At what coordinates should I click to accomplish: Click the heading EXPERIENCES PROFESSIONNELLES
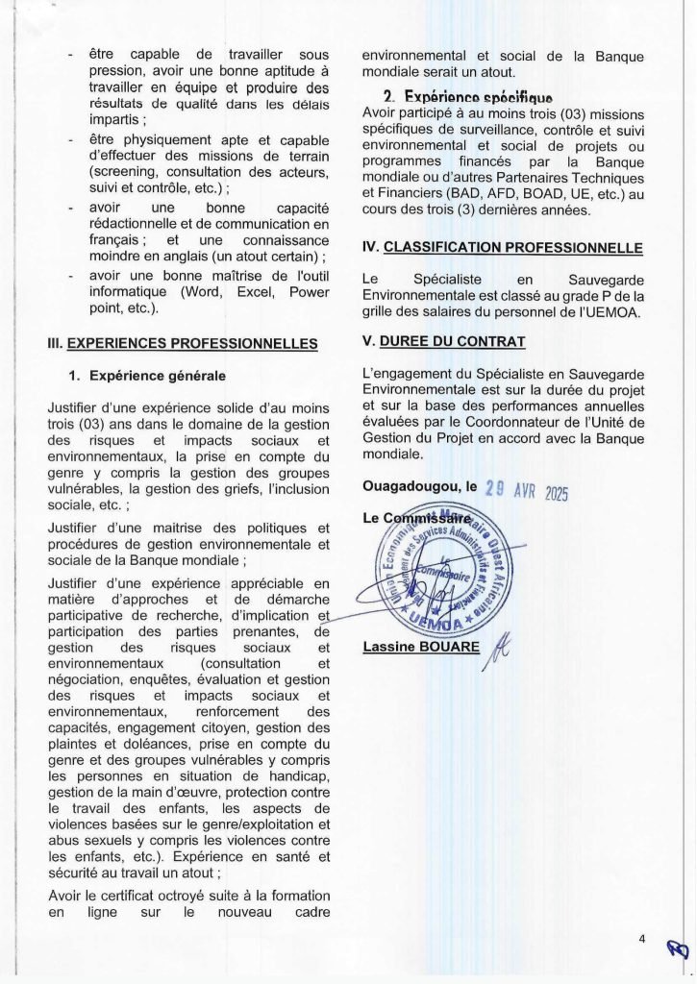click(192, 342)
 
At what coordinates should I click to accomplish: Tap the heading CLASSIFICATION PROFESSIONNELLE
click(512, 247)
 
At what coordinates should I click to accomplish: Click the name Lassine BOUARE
click(422, 647)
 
